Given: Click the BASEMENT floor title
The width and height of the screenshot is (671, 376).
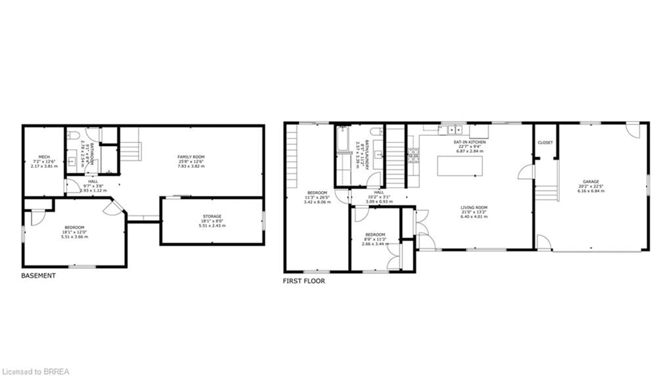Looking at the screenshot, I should click(x=38, y=276).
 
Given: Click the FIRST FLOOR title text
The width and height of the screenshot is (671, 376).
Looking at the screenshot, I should click(x=304, y=281).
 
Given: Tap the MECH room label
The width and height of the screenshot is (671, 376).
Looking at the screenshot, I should click(x=44, y=157).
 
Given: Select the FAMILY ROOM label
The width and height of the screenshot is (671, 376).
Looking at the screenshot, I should click(x=191, y=157).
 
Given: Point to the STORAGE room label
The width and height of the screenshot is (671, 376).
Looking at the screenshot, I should click(x=212, y=216).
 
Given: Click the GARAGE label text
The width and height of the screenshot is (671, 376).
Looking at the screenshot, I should click(x=591, y=181).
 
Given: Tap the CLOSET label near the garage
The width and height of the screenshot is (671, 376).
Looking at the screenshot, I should click(x=545, y=143).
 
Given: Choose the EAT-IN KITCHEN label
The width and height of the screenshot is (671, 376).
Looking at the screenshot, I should click(x=470, y=142).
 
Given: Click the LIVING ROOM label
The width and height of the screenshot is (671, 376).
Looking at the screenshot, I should click(x=474, y=207).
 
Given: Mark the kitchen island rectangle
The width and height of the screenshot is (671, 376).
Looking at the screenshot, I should click(x=460, y=166).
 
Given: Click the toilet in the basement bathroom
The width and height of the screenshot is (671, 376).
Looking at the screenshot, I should click(x=73, y=135).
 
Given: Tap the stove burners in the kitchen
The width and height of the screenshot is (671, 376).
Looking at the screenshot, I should click(x=413, y=155).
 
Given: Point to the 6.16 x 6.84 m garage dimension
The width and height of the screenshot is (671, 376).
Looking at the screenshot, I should click(x=591, y=191).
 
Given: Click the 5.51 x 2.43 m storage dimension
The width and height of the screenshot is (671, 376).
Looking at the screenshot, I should click(x=212, y=226).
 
